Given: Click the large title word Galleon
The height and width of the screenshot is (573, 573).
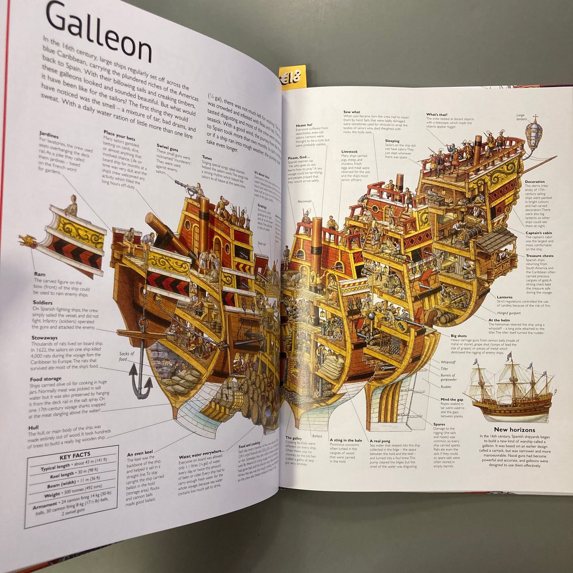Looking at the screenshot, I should point(99,34).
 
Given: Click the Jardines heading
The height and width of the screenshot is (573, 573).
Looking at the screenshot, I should point(49,135).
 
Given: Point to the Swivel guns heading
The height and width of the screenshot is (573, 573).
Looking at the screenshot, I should point(167,148).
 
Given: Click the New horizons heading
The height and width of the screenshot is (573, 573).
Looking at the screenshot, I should point(514,429).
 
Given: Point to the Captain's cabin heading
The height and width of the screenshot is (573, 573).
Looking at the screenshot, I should point(539,233).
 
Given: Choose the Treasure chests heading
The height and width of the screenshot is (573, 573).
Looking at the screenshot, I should point(539,256).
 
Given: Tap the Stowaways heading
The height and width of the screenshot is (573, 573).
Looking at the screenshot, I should point(44,338).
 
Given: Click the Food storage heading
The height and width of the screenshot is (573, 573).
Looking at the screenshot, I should point(46,379).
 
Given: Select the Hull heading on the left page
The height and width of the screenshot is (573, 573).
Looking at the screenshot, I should point(33,428).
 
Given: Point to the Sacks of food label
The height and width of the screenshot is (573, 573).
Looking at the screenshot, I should point(126,356).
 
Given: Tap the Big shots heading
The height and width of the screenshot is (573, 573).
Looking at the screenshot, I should point(458,336).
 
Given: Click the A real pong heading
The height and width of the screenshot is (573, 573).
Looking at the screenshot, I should point(379,441).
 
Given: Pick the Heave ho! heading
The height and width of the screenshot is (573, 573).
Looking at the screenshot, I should point(304,125).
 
